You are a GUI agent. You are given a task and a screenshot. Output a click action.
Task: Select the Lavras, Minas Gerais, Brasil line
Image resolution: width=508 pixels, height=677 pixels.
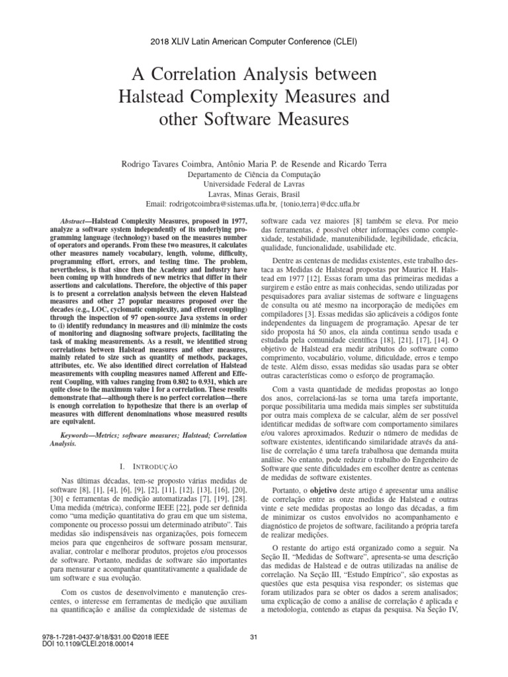click(x=253, y=194)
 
